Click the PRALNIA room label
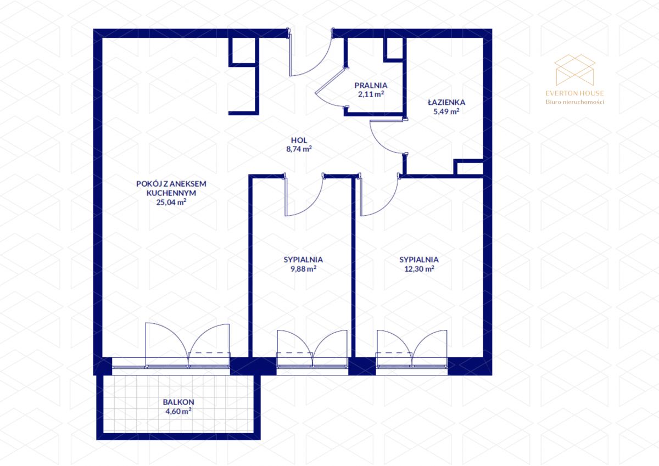371,86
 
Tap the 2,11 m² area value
371,94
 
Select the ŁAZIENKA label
446,102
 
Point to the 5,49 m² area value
446,111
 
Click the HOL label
299,141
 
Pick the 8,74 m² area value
299,149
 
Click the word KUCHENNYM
171,193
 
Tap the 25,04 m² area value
171,203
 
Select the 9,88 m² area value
303,269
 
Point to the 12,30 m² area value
419,269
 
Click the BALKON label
178,402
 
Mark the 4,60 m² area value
178,411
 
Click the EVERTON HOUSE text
574,93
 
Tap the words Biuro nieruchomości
574,102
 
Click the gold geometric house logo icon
574,70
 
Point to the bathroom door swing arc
379,142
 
